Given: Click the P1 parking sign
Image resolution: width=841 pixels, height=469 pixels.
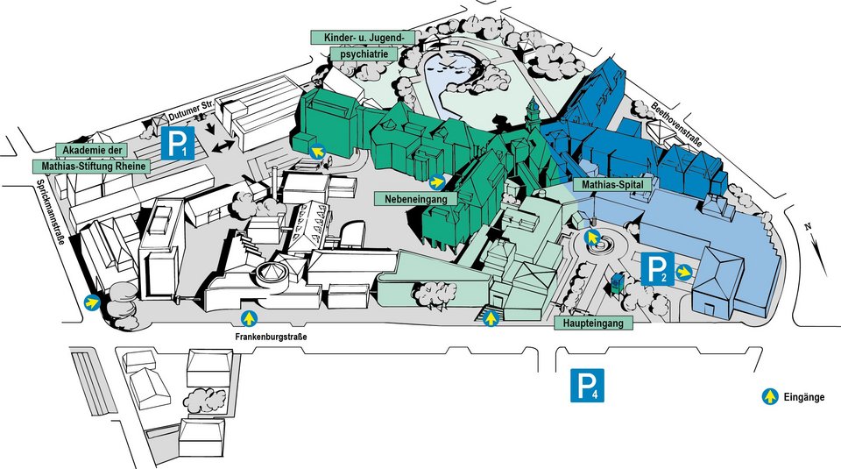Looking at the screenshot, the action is click(178, 143).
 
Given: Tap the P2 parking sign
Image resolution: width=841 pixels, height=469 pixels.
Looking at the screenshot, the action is click(657, 268).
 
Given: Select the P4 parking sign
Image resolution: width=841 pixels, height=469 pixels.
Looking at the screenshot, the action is click(587, 385).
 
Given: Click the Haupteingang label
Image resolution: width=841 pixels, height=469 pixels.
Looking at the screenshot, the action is click(593, 323).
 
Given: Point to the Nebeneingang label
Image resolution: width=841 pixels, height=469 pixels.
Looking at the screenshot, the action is click(415, 199).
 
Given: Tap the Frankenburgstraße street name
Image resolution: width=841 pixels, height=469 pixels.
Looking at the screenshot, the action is click(271, 338).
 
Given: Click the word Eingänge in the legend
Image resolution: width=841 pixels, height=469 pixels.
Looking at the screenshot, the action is click(804, 398).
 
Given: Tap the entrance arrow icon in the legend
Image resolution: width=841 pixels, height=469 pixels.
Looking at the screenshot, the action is click(770, 396).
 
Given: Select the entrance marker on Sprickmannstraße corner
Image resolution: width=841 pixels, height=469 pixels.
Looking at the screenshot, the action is click(92, 302).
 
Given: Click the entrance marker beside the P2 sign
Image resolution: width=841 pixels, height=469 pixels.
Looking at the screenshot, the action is click(683, 272).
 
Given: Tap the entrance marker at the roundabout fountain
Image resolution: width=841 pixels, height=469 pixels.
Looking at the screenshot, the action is click(591, 236).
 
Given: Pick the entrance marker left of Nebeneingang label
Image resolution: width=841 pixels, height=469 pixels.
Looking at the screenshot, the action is click(437, 182).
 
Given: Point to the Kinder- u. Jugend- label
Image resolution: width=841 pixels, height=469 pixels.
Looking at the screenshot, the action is click(363, 38).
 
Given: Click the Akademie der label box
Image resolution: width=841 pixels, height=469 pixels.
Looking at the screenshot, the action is click(92, 150).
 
